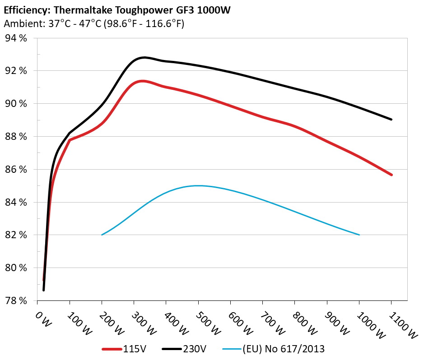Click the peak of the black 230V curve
point(144,57)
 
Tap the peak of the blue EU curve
point(198,185)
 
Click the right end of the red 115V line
point(391,175)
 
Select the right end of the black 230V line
point(391,120)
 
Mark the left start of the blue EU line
point(102,235)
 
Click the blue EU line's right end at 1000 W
point(359,235)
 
